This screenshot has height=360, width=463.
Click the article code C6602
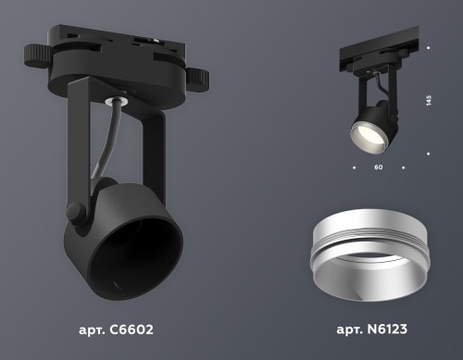click(x=131, y=329)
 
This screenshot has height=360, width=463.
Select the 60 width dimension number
click(x=379, y=168)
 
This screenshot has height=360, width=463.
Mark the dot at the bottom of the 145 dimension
click(x=429, y=154)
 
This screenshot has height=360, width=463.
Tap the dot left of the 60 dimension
click(x=354, y=168)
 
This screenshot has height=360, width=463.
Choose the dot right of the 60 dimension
click(x=405, y=168)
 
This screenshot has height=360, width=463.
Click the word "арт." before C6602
click(x=94, y=329)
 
